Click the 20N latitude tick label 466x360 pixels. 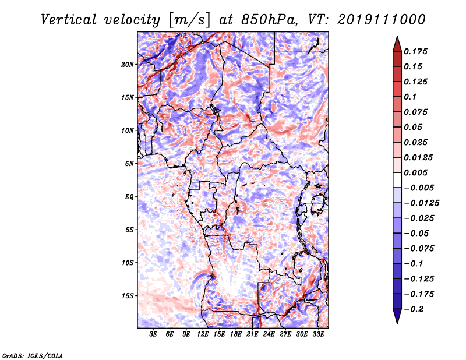click(x=128, y=64)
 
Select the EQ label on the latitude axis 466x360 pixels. click(x=129, y=196)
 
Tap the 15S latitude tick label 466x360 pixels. click(x=128, y=295)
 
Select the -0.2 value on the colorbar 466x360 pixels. click(x=414, y=309)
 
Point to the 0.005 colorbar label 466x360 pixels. click(x=417, y=172)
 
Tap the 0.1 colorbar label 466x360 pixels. click(x=411, y=97)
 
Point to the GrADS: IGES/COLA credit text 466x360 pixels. click(x=32, y=355)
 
